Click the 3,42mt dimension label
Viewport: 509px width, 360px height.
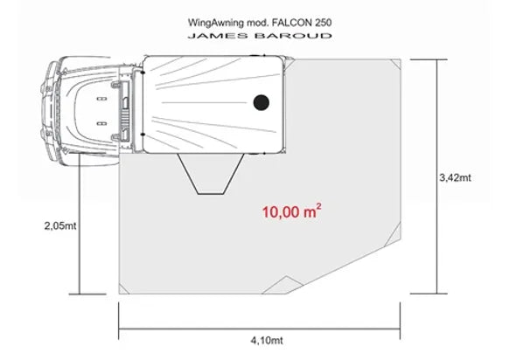point(455,177)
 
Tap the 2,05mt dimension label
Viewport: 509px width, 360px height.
point(60,225)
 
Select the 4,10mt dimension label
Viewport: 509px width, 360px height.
point(267,341)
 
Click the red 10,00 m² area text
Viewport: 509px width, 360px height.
point(292,211)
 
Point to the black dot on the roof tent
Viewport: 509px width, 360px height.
point(261,102)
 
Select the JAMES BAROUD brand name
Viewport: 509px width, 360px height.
point(260,36)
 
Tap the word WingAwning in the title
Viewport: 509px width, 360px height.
point(215,23)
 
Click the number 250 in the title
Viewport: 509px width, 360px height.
point(323,23)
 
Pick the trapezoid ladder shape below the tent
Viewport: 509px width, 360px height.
point(211,174)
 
